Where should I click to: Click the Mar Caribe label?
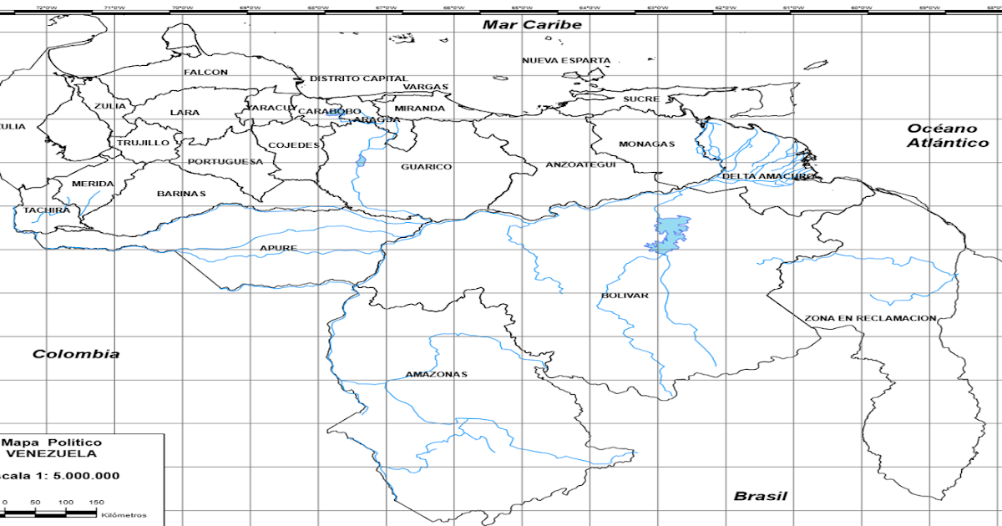(532, 25)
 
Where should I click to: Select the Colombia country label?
(76, 354)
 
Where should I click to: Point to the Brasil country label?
(760, 496)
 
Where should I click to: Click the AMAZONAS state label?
(436, 374)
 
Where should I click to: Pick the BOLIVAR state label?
(625, 296)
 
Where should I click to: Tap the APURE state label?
(278, 248)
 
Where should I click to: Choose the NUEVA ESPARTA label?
(566, 61)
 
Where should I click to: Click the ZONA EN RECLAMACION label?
(870, 319)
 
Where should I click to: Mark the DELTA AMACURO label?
(768, 176)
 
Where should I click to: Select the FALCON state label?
(205, 73)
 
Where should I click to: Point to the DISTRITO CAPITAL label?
(359, 78)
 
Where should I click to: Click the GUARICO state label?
(426, 167)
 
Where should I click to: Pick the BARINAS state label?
(181, 194)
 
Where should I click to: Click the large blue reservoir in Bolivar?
(671, 232)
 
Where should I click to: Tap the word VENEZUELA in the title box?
(51, 453)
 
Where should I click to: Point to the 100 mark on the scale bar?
(66, 502)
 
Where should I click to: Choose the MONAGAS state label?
(646, 144)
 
